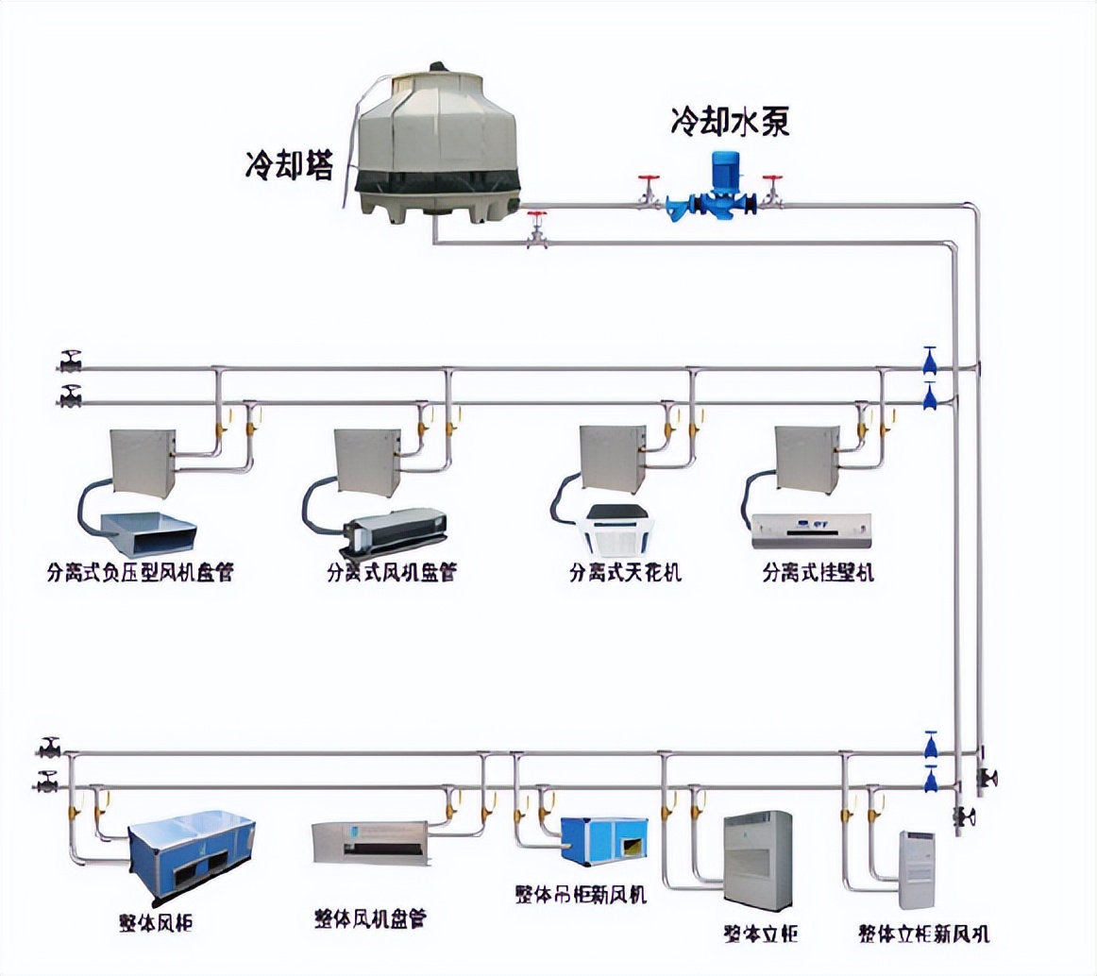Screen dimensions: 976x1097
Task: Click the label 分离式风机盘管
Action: coord(391,572)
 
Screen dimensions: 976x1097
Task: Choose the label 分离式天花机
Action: coord(624,572)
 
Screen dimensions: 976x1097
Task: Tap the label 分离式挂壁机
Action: coord(818,572)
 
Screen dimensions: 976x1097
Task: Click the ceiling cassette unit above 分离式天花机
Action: coord(615,529)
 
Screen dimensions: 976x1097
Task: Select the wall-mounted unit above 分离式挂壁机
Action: coord(811,530)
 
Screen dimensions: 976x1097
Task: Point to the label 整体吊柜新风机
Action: coord(581,894)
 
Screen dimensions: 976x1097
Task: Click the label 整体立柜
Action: coord(760,934)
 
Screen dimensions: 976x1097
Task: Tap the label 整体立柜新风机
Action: coord(923,934)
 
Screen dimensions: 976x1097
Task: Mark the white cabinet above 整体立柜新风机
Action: coord(917,869)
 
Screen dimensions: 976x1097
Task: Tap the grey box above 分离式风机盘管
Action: coord(367,462)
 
